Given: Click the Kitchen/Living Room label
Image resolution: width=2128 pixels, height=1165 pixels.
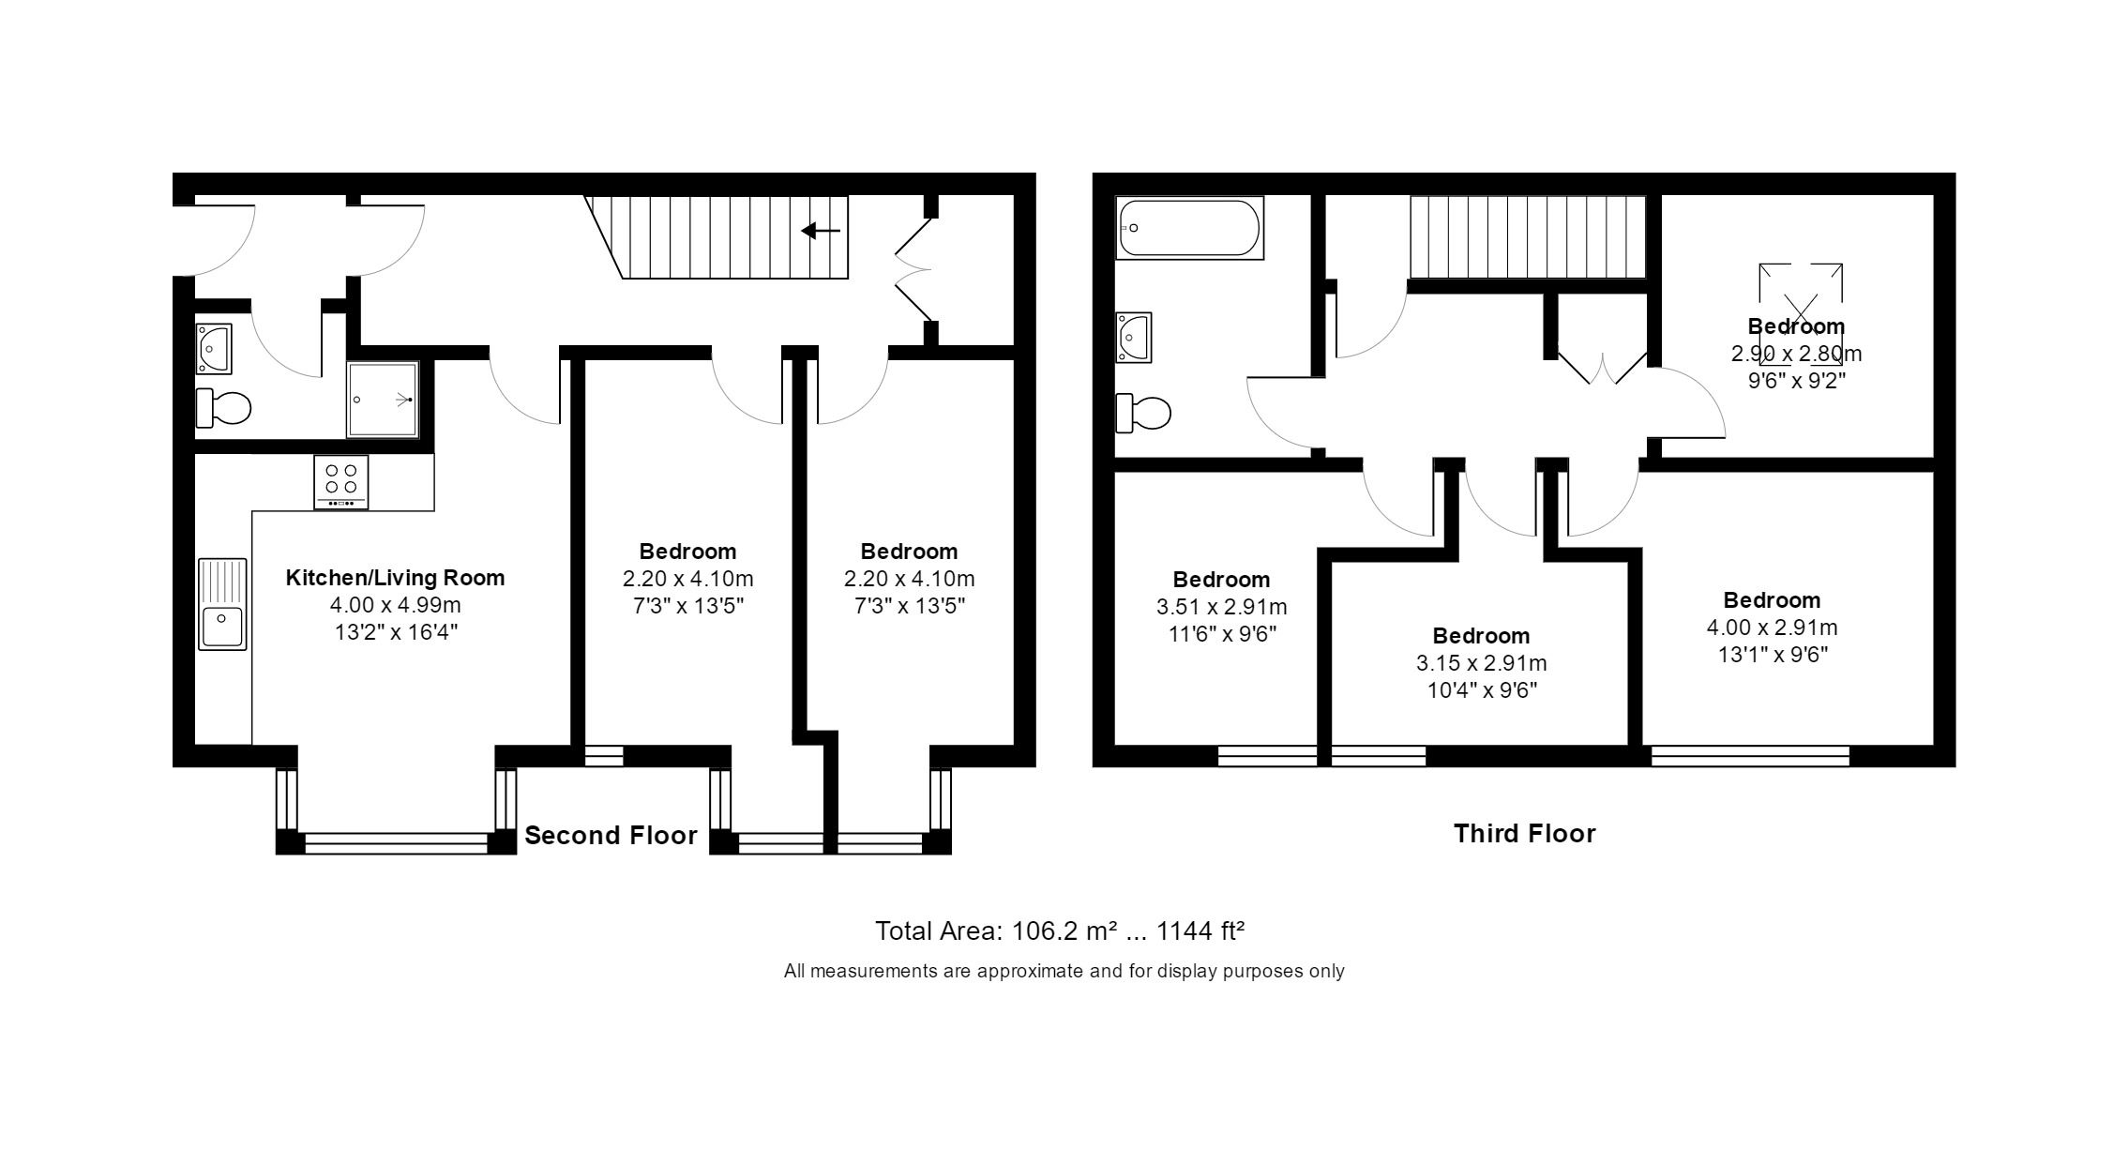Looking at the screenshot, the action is (x=395, y=578).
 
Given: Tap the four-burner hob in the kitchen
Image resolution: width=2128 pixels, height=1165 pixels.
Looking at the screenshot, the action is (x=340, y=482).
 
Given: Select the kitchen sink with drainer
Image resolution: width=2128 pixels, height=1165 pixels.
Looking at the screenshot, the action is (x=222, y=604).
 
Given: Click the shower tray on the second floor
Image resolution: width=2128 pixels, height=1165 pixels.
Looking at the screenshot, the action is (x=383, y=400).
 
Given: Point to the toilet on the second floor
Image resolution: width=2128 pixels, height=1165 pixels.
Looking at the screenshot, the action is (x=223, y=408).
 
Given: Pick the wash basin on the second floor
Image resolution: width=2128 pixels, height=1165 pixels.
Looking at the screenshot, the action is (x=214, y=348).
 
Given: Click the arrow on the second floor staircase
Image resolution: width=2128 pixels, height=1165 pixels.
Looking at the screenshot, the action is (x=821, y=231).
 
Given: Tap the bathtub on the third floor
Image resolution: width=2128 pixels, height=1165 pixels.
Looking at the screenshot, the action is (x=1190, y=227).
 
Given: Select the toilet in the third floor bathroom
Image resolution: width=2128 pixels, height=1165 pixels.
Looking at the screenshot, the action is (x=1143, y=413).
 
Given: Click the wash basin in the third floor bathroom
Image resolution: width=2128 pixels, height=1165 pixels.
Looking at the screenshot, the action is (x=1133, y=337).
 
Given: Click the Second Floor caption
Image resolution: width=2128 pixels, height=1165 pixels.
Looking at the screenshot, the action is (x=611, y=836).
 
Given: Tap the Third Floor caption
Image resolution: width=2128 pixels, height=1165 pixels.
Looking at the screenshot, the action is (x=1524, y=834).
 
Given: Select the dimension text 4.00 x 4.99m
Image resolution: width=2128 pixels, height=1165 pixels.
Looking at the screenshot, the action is (x=395, y=605).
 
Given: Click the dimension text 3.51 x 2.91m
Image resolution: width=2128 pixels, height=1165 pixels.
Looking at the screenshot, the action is (x=1221, y=607).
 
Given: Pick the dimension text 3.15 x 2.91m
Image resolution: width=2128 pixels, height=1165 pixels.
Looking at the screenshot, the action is (x=1481, y=663).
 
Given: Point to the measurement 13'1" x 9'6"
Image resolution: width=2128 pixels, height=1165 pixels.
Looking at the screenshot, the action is (x=1772, y=655).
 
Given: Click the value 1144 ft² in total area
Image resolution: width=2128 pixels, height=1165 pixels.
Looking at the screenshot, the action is (x=1200, y=931).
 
